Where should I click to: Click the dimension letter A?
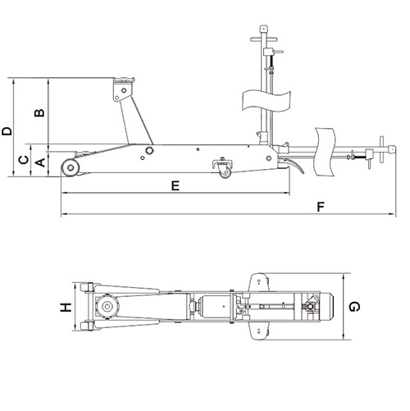coord(41,162)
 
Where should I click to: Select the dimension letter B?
coord(39,112)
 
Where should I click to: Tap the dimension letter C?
coord(24,160)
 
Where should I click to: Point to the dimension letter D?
coord(7,131)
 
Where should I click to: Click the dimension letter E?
coord(175,185)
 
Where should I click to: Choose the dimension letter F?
coord(321,207)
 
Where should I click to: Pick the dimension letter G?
coord(354,307)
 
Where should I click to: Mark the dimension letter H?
coord(66,308)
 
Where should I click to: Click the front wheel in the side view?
coord(71,167)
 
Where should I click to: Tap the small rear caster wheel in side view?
coord(225,173)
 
